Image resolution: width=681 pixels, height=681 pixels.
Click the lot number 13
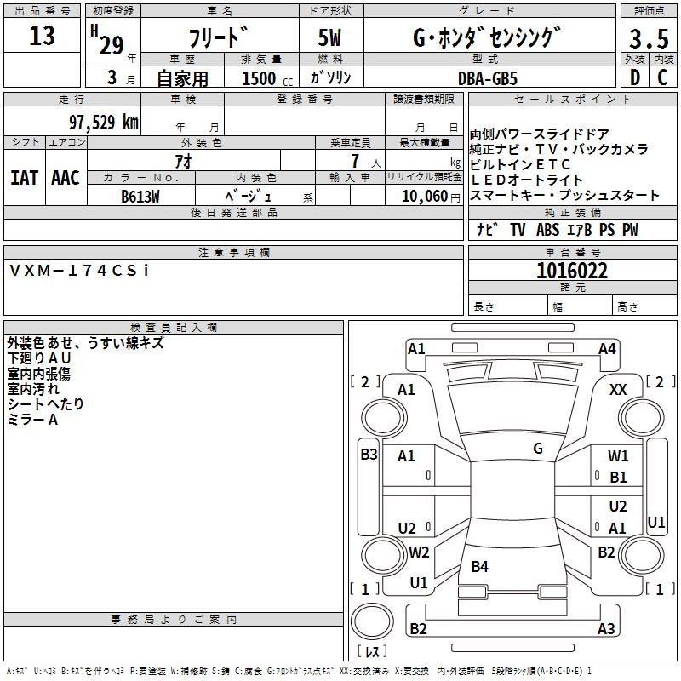(x=42, y=36)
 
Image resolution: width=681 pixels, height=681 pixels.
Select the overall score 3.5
(x=647, y=38)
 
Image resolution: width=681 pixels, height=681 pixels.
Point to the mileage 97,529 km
(x=103, y=123)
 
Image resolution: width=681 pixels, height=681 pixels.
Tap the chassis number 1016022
(x=572, y=271)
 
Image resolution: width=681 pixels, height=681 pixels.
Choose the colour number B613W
(x=140, y=194)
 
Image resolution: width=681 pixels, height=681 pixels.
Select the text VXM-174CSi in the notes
(x=79, y=271)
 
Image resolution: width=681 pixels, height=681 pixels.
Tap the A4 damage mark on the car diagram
(x=607, y=348)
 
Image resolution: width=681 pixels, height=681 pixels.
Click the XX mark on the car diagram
(x=618, y=389)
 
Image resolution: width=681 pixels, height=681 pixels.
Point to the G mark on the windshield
(x=538, y=449)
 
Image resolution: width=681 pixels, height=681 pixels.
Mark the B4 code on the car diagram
(x=480, y=566)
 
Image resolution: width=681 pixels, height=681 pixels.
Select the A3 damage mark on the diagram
(x=606, y=629)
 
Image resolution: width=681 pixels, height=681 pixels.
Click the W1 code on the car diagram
(x=618, y=456)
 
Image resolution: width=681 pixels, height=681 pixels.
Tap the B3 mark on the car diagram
(x=369, y=454)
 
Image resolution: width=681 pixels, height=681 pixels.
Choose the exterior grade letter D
(x=634, y=77)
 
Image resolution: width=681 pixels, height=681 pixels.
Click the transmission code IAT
(x=24, y=178)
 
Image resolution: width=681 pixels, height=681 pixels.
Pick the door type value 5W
(x=331, y=39)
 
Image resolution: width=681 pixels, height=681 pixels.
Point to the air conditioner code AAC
(x=66, y=178)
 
